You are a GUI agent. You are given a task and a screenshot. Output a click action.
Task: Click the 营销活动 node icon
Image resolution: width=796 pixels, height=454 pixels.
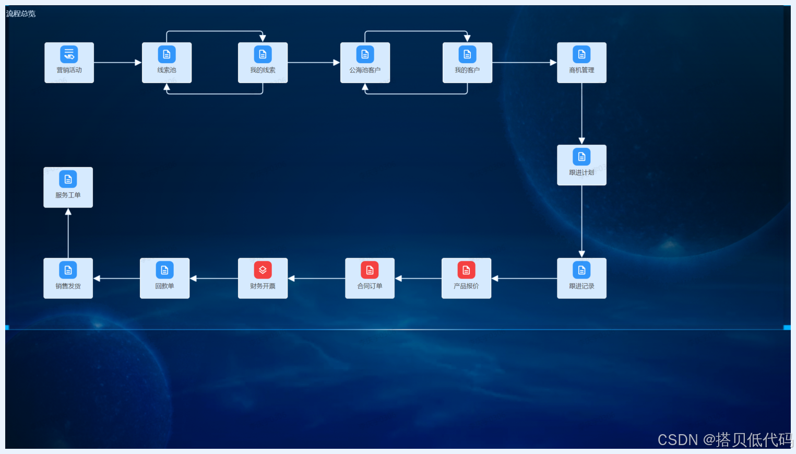click(69, 54)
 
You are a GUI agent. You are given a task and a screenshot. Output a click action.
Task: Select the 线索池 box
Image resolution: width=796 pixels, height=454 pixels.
click(167, 63)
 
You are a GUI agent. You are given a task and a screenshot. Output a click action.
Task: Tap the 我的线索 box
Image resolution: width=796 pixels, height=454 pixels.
click(263, 63)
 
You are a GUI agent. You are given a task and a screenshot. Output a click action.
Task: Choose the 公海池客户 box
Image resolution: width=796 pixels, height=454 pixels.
click(365, 63)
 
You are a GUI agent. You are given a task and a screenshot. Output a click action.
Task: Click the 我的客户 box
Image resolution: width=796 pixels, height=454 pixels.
click(467, 63)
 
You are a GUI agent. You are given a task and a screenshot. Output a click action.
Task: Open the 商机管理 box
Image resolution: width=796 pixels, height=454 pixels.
click(581, 63)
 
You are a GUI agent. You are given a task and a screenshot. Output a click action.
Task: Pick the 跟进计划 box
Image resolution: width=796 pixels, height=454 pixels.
click(581, 165)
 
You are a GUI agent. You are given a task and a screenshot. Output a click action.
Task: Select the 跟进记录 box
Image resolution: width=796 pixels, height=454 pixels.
click(581, 278)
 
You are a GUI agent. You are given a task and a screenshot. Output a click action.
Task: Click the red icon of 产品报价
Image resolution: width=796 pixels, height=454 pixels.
click(466, 270)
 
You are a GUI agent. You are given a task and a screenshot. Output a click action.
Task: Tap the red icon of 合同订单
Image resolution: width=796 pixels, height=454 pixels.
click(370, 270)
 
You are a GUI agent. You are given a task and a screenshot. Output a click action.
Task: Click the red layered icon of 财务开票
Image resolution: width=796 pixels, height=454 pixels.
click(263, 270)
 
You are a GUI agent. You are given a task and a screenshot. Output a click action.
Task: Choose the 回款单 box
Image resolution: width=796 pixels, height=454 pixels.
click(164, 278)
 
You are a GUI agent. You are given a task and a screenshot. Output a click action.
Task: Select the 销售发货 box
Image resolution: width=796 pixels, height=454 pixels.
click(68, 278)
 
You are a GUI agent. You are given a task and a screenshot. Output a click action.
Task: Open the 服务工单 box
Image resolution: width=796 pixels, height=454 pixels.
click(68, 188)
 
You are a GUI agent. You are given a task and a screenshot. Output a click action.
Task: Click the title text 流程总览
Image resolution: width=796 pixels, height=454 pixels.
click(21, 14)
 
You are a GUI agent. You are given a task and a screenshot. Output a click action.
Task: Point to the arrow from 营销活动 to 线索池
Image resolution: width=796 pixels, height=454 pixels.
click(117, 63)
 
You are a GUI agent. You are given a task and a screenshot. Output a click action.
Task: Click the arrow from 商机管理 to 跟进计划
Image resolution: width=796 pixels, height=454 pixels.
click(581, 113)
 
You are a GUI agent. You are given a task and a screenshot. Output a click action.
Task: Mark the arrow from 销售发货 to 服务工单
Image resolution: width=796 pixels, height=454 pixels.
click(68, 233)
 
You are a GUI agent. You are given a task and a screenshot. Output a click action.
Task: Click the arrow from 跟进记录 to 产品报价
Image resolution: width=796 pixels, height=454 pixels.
click(524, 278)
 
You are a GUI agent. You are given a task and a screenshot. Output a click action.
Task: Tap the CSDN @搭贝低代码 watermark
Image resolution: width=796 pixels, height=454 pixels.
click(725, 440)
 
